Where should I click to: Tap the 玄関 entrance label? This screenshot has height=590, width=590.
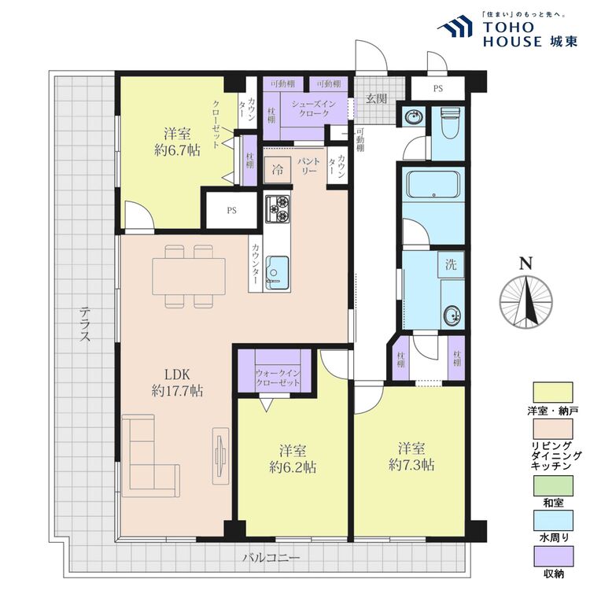click(376, 98)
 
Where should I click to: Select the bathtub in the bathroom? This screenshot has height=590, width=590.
click(433, 184)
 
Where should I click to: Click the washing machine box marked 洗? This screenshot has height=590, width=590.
click(451, 264)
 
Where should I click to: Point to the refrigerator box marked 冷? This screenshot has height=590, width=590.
click(278, 170)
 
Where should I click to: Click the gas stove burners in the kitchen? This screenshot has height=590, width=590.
click(278, 208)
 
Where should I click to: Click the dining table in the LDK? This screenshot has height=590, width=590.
click(189, 276)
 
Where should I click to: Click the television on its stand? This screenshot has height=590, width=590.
click(221, 455)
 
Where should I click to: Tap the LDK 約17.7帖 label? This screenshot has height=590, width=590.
click(177, 382)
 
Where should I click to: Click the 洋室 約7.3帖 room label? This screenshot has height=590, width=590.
click(411, 457)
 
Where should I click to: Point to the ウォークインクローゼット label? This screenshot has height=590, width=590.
click(278, 378)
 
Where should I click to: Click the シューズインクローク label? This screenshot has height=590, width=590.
click(313, 109)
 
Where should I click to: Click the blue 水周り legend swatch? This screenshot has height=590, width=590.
click(553, 520)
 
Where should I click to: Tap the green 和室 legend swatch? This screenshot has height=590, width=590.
click(553, 486)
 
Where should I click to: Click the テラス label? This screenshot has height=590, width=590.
click(85, 324)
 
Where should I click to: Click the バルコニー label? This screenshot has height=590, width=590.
click(271, 557)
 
